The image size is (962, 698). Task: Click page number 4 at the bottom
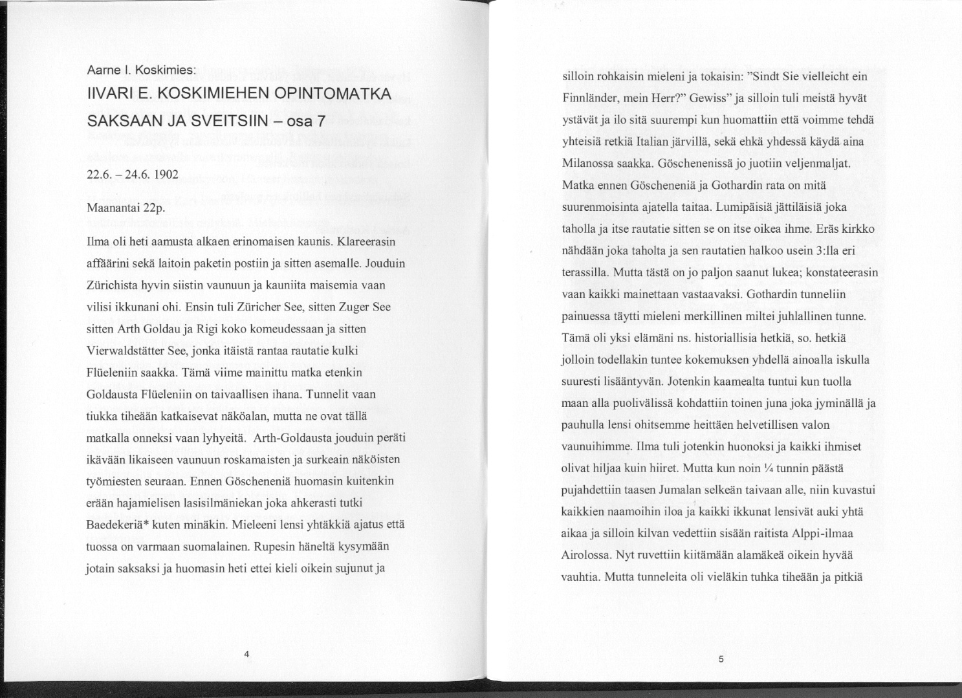246,654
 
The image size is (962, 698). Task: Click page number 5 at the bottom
720,659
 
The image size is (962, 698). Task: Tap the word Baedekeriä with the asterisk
118,525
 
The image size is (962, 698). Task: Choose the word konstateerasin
842,272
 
